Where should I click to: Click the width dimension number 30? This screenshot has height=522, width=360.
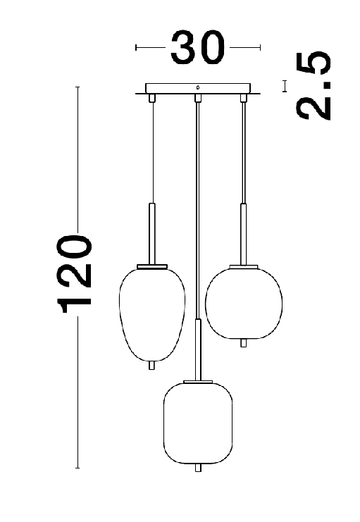(198, 47)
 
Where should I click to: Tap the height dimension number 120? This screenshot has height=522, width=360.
(74, 274)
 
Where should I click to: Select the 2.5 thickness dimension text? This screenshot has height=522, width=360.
(314, 85)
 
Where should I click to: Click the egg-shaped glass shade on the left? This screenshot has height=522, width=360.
(152, 315)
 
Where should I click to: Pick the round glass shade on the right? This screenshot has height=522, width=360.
(244, 303)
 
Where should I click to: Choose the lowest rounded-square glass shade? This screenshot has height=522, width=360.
(198, 423)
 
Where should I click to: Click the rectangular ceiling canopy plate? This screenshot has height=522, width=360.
(198, 88)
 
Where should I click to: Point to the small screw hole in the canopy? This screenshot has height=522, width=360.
(198, 88)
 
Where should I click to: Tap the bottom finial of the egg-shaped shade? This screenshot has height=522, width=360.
(151, 365)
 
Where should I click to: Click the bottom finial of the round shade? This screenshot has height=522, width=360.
(244, 343)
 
